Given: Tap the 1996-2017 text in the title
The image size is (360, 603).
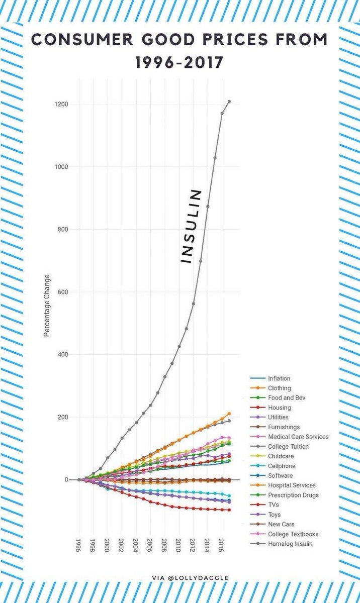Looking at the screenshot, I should [180, 63].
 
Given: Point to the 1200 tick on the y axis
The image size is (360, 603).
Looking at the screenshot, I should [62, 105].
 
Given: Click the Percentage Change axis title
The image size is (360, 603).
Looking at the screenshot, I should [47, 305].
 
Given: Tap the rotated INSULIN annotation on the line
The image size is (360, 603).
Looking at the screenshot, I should [191, 226].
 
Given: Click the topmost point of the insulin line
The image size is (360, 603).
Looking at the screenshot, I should [229, 102].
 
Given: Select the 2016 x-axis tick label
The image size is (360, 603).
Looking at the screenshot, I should [222, 545].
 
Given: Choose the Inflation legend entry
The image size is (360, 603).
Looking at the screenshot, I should [279, 378].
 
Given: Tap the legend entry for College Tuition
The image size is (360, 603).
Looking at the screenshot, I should [288, 446].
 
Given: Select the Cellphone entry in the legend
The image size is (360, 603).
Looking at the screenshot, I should [282, 466].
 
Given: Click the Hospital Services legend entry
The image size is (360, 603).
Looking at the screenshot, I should [292, 485].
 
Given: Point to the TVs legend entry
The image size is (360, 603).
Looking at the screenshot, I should [274, 505].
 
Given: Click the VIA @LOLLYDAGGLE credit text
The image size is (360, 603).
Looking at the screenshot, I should [190, 578].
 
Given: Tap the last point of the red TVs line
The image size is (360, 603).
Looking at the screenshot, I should [229, 510].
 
